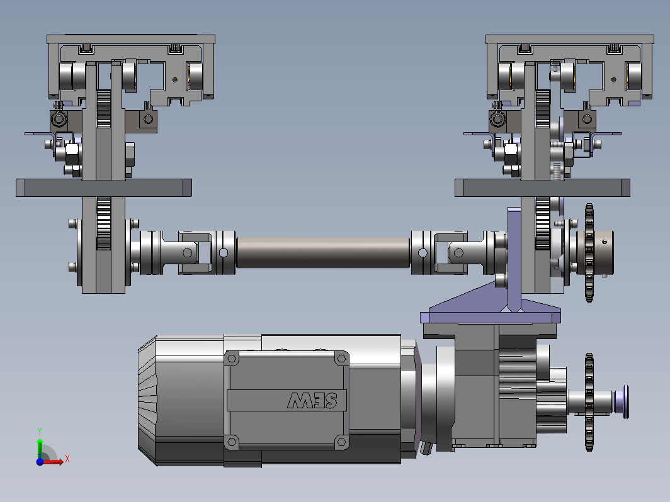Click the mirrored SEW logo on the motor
coord(312,400)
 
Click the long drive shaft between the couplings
coord(323,253)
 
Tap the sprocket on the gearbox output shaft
coord(589,402)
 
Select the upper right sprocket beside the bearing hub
coord(589,253)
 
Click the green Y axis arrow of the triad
coord(40,447)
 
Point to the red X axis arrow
coord(53,461)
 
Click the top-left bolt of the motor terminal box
coord(232,359)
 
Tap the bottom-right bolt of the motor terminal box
coord(341,442)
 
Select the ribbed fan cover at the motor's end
coord(147,400)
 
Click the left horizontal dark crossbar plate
coord(104,188)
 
